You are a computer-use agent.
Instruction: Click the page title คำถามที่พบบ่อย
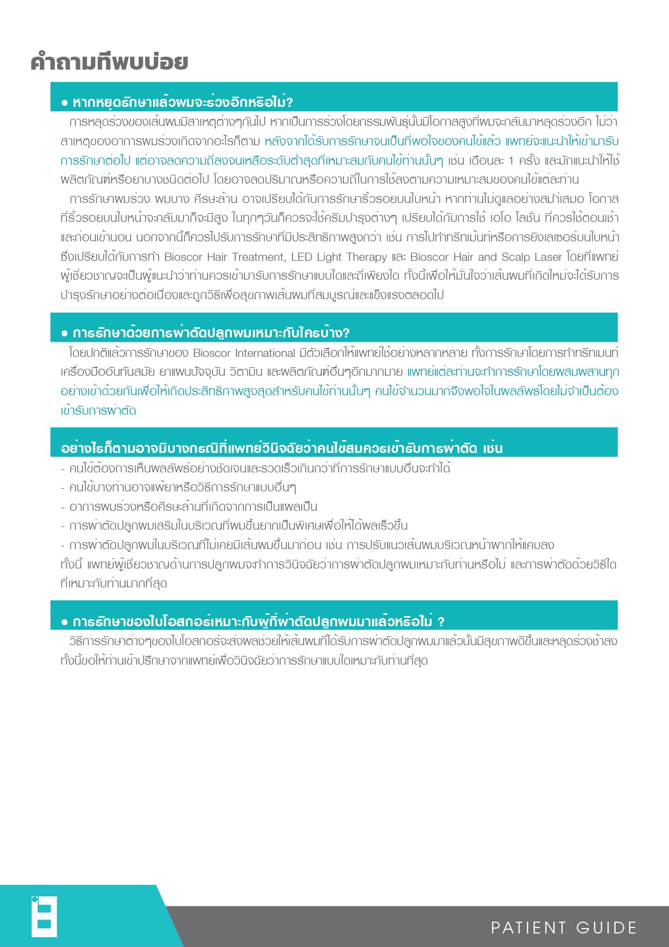pyautogui.click(x=110, y=62)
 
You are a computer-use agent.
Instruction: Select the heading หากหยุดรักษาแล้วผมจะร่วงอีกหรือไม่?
pyautogui.click(x=182, y=102)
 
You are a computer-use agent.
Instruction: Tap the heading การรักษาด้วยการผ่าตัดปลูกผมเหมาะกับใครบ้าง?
pyautogui.click(x=211, y=333)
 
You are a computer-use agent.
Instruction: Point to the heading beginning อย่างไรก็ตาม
pyautogui.click(x=282, y=448)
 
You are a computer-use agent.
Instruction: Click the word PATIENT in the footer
pyautogui.click(x=528, y=928)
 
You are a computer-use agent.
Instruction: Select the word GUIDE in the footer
pyautogui.click(x=606, y=928)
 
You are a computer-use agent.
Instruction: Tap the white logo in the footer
pyautogui.click(x=44, y=916)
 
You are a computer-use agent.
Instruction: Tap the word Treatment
pyautogui.click(x=258, y=257)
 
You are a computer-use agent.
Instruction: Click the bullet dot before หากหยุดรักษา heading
pyautogui.click(x=65, y=103)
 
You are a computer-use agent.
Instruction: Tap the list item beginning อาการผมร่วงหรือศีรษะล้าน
pyautogui.click(x=193, y=506)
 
